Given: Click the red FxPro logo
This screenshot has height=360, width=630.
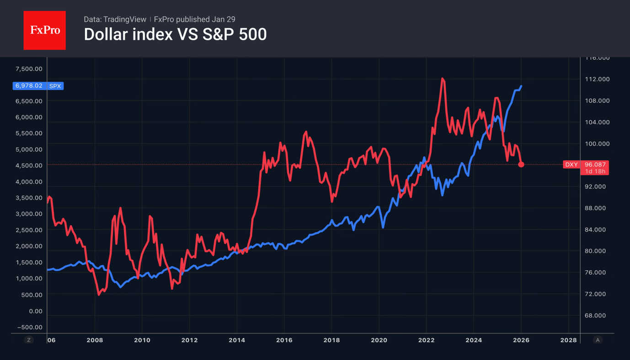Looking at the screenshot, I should point(44,30).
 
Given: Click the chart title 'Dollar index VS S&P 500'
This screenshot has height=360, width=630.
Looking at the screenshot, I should point(175,35).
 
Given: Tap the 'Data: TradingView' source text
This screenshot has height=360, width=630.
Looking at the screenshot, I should point(115,20).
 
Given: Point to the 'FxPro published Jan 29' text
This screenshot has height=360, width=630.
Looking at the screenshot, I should point(195,20).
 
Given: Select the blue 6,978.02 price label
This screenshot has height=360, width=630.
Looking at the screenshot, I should point(29,86).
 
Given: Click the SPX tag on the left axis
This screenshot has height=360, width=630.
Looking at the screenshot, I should point(55,86).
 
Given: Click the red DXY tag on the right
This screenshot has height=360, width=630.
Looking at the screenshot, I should point(571,164).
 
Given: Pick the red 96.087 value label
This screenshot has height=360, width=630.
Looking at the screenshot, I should point(595,164).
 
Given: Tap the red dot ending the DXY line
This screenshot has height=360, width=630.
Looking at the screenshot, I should point(521,164).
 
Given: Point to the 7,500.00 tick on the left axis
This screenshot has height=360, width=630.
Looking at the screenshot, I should point(29,69).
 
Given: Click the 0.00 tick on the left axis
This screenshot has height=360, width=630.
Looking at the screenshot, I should point(35,311).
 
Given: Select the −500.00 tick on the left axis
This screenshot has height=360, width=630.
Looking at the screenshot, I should point(30,327).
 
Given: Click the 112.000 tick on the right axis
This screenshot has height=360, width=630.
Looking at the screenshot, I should point(597,79).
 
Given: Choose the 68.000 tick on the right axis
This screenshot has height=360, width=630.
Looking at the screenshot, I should point(597,315).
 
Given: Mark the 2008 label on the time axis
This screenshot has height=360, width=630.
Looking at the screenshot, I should point(95,340).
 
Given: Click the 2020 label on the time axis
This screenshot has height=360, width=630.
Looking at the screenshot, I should point(379,340).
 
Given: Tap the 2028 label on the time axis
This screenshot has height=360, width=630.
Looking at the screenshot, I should point(568,340).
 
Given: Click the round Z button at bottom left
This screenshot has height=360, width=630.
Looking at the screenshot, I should point(29,340).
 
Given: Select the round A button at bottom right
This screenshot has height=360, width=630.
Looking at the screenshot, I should point(597,340).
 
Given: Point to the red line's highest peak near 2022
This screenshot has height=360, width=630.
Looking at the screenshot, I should point(443,79).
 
